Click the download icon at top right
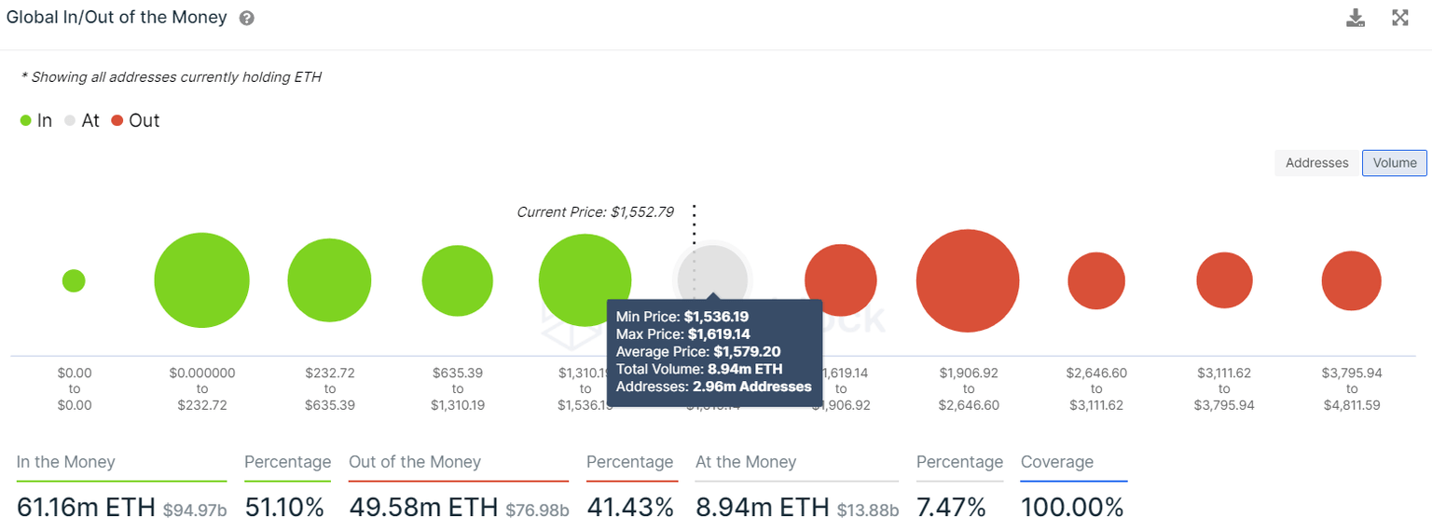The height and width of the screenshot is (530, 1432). pyautogui.click(x=1356, y=18)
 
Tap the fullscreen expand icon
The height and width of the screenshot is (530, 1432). pyautogui.click(x=1399, y=18)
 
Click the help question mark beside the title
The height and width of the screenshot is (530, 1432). pyautogui.click(x=246, y=19)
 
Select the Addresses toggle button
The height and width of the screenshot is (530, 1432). pyautogui.click(x=1316, y=163)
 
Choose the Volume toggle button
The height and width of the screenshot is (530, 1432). pyautogui.click(x=1394, y=163)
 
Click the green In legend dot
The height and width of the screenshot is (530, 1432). pyautogui.click(x=26, y=121)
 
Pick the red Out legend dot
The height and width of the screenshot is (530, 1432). pyautogui.click(x=117, y=121)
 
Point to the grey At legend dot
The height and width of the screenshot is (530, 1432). pyautogui.click(x=70, y=121)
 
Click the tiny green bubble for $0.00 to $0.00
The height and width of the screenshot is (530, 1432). pyautogui.click(x=74, y=280)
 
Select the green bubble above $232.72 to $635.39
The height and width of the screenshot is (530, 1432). pyautogui.click(x=329, y=280)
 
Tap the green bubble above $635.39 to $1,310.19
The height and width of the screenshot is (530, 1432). pyautogui.click(x=457, y=280)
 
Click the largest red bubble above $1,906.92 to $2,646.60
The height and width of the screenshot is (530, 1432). pyautogui.click(x=968, y=280)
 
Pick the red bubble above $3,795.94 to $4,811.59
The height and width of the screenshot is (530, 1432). pyautogui.click(x=1351, y=280)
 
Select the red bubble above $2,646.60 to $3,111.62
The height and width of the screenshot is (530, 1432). pyautogui.click(x=1096, y=280)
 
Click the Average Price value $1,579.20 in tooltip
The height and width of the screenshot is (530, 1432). pyautogui.click(x=747, y=351)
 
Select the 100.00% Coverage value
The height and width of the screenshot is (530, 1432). pyautogui.click(x=1072, y=507)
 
